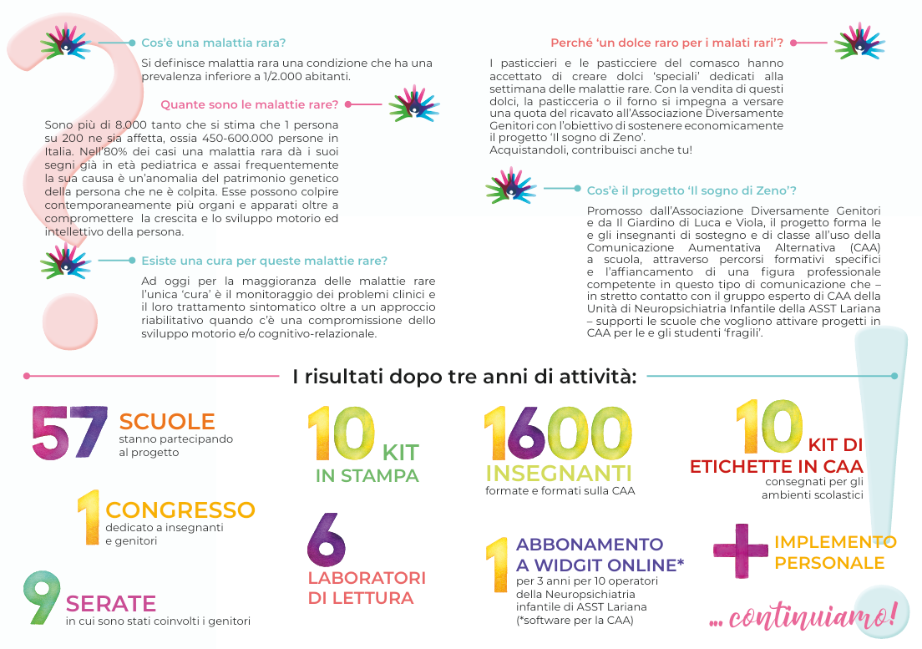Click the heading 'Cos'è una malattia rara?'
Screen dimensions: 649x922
pos(213,43)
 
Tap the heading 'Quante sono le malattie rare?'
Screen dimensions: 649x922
pos(249,105)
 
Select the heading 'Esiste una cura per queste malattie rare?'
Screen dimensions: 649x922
pos(264,261)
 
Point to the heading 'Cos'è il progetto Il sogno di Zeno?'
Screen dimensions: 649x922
pos(691,190)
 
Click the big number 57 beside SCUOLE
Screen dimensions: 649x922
pos(70,432)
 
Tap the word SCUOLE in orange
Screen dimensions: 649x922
pos(167,422)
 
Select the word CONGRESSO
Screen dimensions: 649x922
pos(180,510)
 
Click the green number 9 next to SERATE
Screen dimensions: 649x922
pos(42,598)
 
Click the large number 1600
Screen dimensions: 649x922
pos(558,434)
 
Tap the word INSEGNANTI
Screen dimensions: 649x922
pos(559,474)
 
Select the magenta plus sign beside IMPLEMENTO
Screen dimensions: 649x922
pos(740,549)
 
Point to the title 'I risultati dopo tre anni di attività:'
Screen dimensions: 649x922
pos(464,377)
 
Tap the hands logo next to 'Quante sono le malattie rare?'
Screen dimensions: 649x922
pos(414,104)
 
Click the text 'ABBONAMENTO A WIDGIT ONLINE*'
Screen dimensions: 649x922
pos(600,555)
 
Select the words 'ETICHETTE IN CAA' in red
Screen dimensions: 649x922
pos(776,466)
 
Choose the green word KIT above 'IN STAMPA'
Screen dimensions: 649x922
pos(400,454)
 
